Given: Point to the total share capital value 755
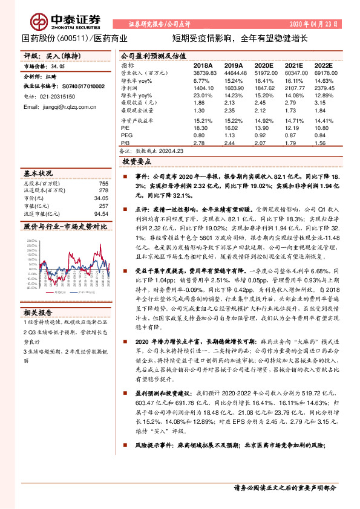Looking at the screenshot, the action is point(103,183).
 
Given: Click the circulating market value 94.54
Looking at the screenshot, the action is point(102,213).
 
